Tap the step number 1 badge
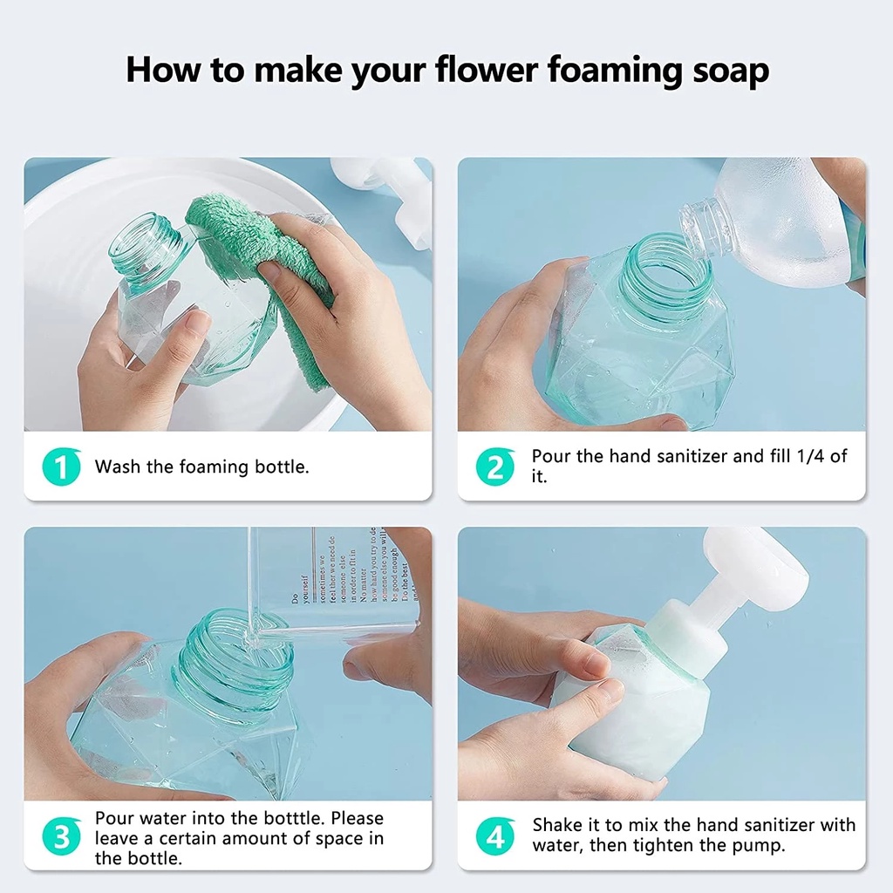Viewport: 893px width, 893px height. click(60, 467)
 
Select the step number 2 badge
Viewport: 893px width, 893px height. click(494, 467)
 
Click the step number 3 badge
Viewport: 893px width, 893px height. click(60, 838)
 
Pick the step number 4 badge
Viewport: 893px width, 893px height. click(494, 838)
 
